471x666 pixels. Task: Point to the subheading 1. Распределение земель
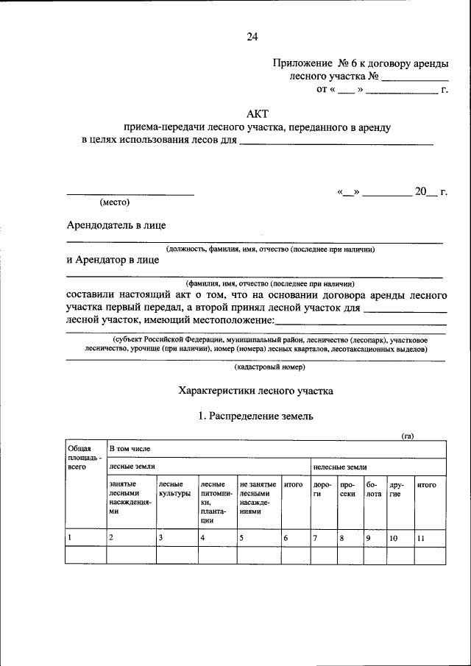pyautogui.click(x=256, y=417)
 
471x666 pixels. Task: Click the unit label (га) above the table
pyautogui.click(x=407, y=436)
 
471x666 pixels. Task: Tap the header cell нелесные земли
pyautogui.click(x=340, y=467)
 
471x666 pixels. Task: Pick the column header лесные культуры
pyautogui.click(x=174, y=489)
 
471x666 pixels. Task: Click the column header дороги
pyautogui.click(x=322, y=489)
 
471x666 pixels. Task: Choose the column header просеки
pyautogui.click(x=348, y=489)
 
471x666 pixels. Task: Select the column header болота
pyautogui.click(x=374, y=489)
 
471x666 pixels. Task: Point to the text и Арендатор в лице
pyautogui.click(x=112, y=259)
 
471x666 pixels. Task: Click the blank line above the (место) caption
pyautogui.click(x=130, y=194)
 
